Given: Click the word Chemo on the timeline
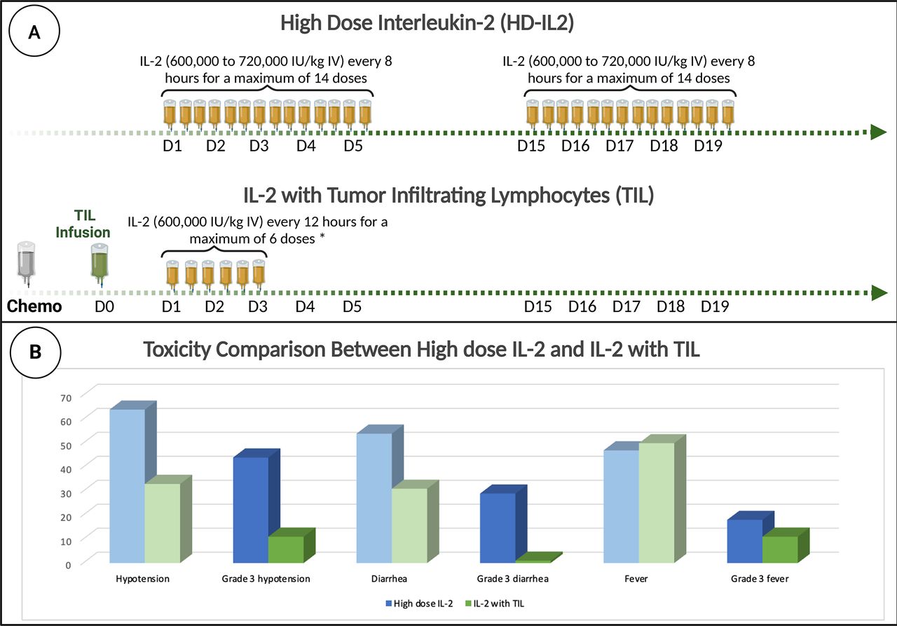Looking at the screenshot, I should pyautogui.click(x=34, y=306).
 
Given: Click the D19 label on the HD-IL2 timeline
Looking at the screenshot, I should pyautogui.click(x=708, y=147).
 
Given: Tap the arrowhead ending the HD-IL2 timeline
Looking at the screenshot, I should pyautogui.click(x=878, y=132).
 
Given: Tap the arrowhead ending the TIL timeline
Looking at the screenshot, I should pyautogui.click(x=878, y=292).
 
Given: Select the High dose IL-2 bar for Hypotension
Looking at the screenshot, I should pyautogui.click(x=127, y=485).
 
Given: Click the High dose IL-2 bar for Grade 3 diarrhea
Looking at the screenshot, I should pyautogui.click(x=498, y=527).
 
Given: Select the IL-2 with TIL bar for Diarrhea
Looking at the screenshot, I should pyautogui.click(x=409, y=525).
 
